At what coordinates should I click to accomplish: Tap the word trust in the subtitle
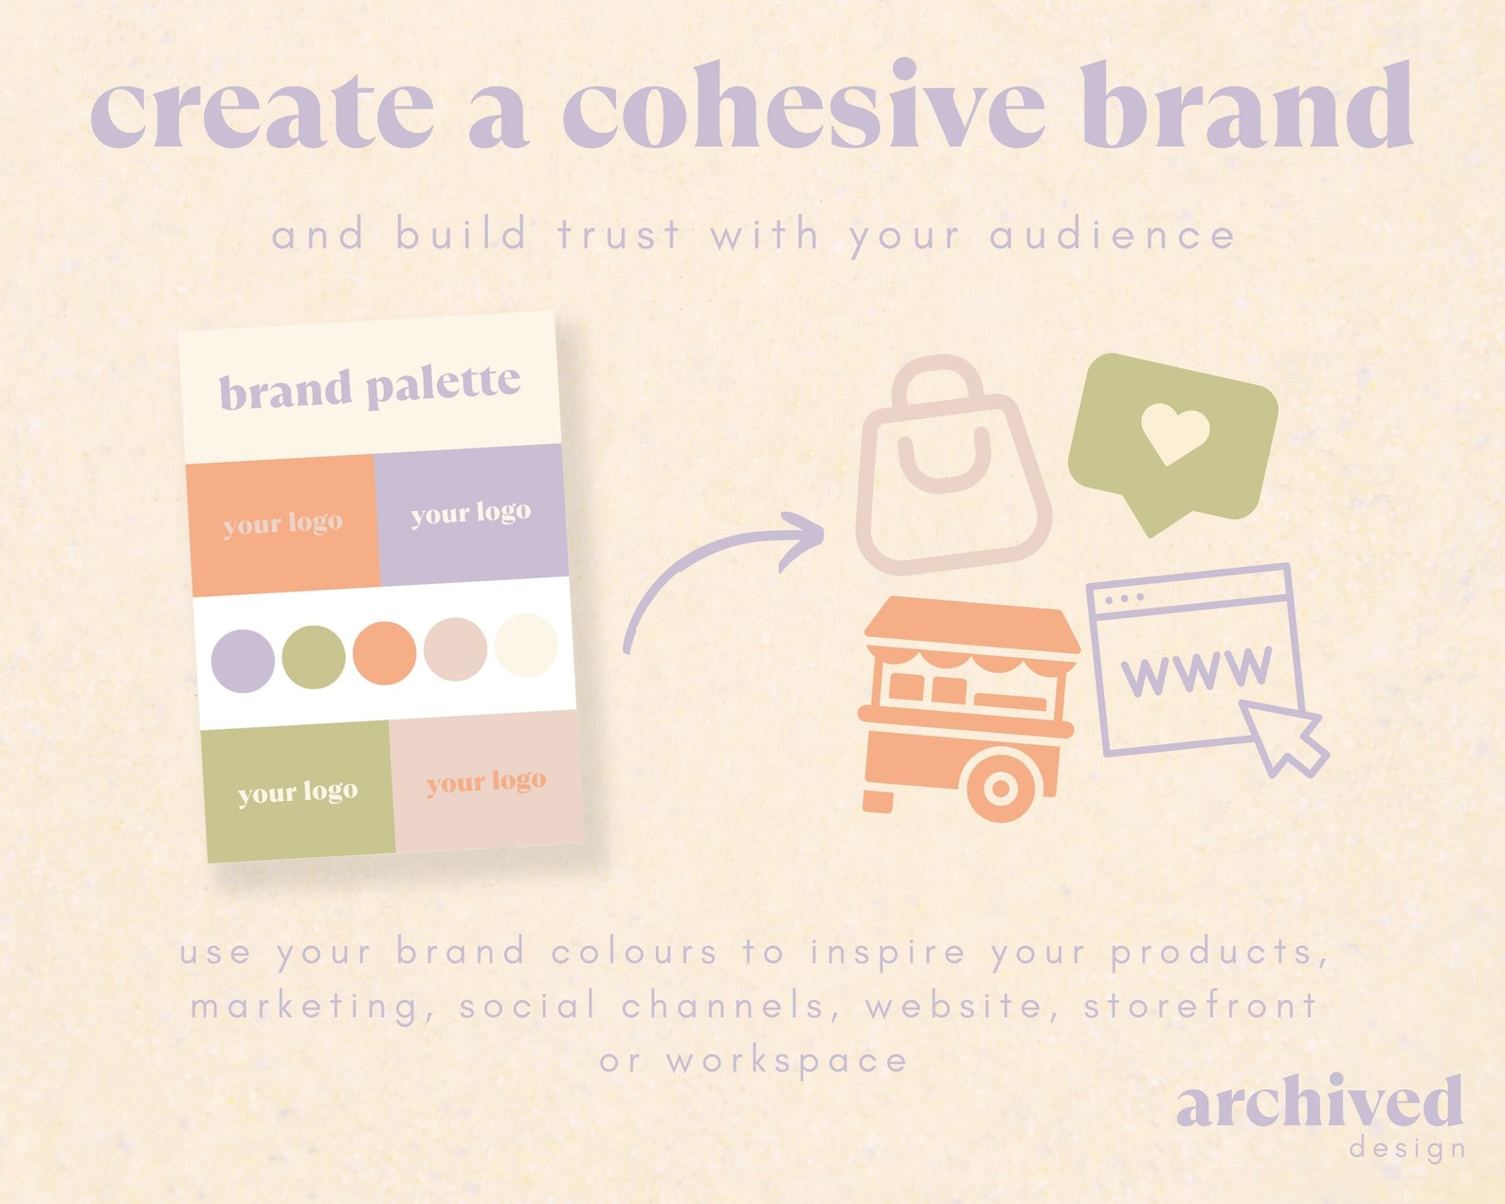click(x=619, y=234)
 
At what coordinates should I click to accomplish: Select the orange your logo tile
click(x=282, y=524)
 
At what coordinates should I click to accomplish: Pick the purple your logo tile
click(x=471, y=514)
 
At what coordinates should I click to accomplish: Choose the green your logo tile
click(x=298, y=792)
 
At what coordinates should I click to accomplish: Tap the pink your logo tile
click(x=486, y=781)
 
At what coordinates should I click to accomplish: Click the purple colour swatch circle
click(x=243, y=661)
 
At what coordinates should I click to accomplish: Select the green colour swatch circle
click(x=314, y=656)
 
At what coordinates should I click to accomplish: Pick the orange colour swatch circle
click(x=384, y=652)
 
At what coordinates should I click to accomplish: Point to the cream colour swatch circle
click(x=526, y=645)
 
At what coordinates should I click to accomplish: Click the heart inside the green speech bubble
click(x=1174, y=432)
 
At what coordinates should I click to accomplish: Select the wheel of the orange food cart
click(x=1000, y=787)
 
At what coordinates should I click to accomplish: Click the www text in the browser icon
click(x=1196, y=670)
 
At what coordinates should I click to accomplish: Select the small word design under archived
click(x=1406, y=1149)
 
